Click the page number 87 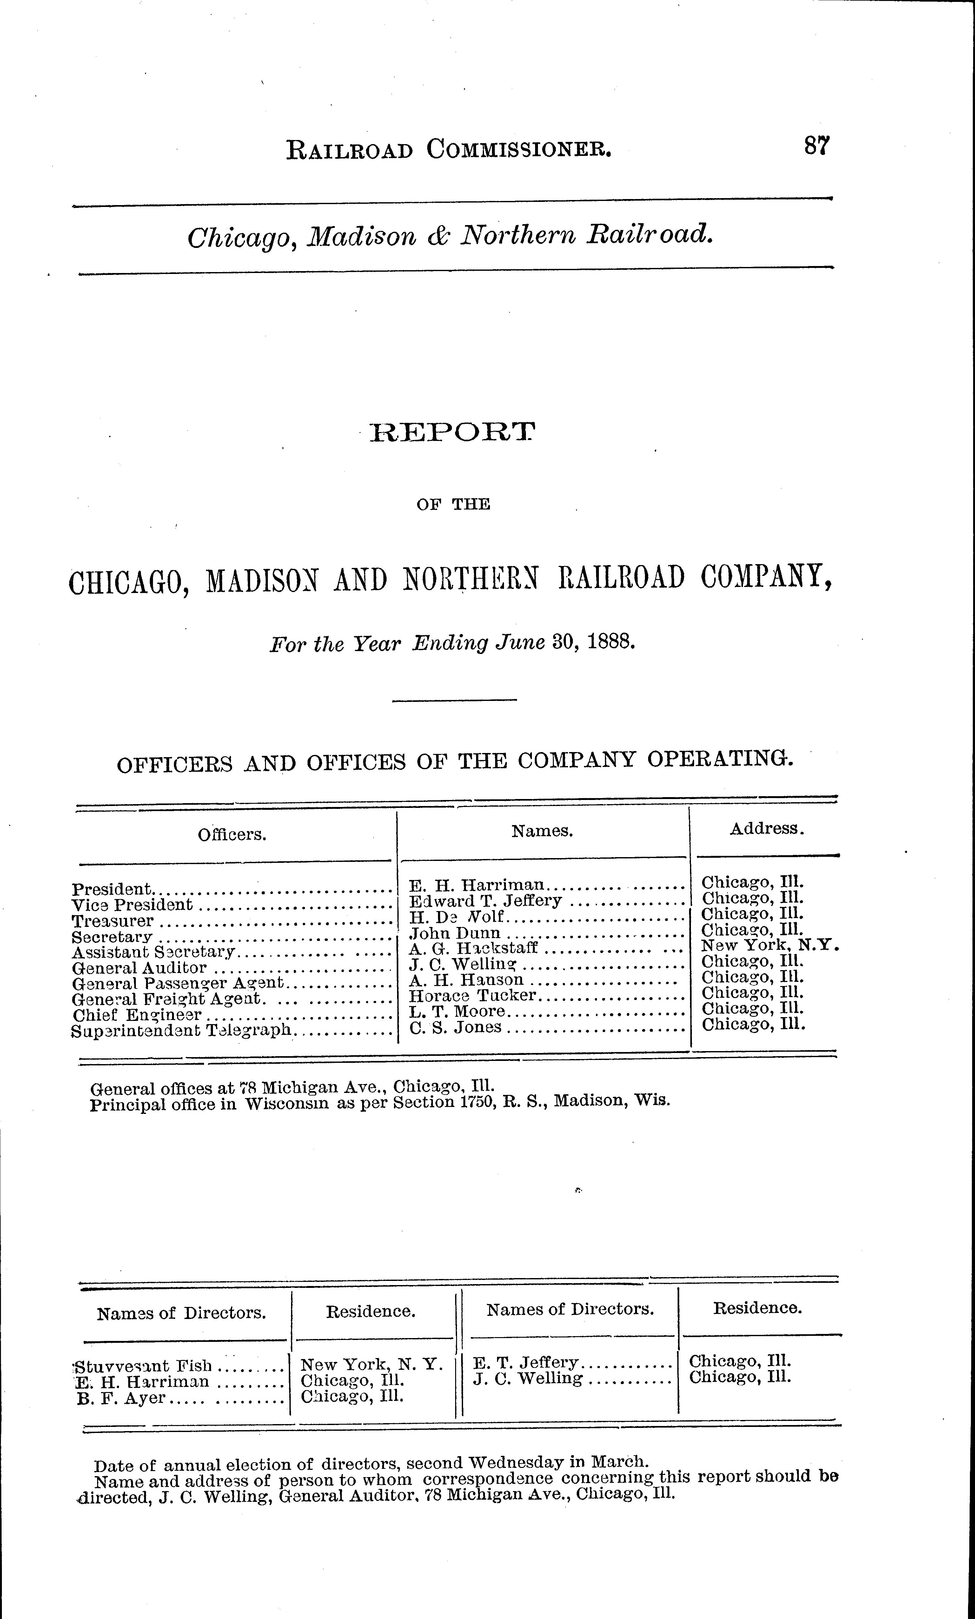817,145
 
